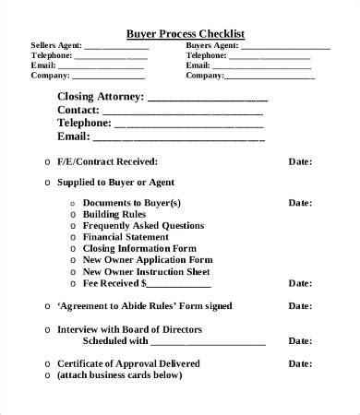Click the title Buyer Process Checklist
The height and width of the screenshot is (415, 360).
(185, 34)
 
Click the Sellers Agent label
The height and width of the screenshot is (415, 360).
(56, 45)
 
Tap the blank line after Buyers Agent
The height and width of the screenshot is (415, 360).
(286, 45)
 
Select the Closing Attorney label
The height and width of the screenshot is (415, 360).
(101, 95)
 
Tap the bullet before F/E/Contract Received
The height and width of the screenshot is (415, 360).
(47, 161)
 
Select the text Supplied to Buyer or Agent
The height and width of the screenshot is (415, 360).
(115, 182)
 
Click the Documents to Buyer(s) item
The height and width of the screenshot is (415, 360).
(132, 202)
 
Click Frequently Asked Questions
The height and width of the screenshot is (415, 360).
(143, 225)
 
